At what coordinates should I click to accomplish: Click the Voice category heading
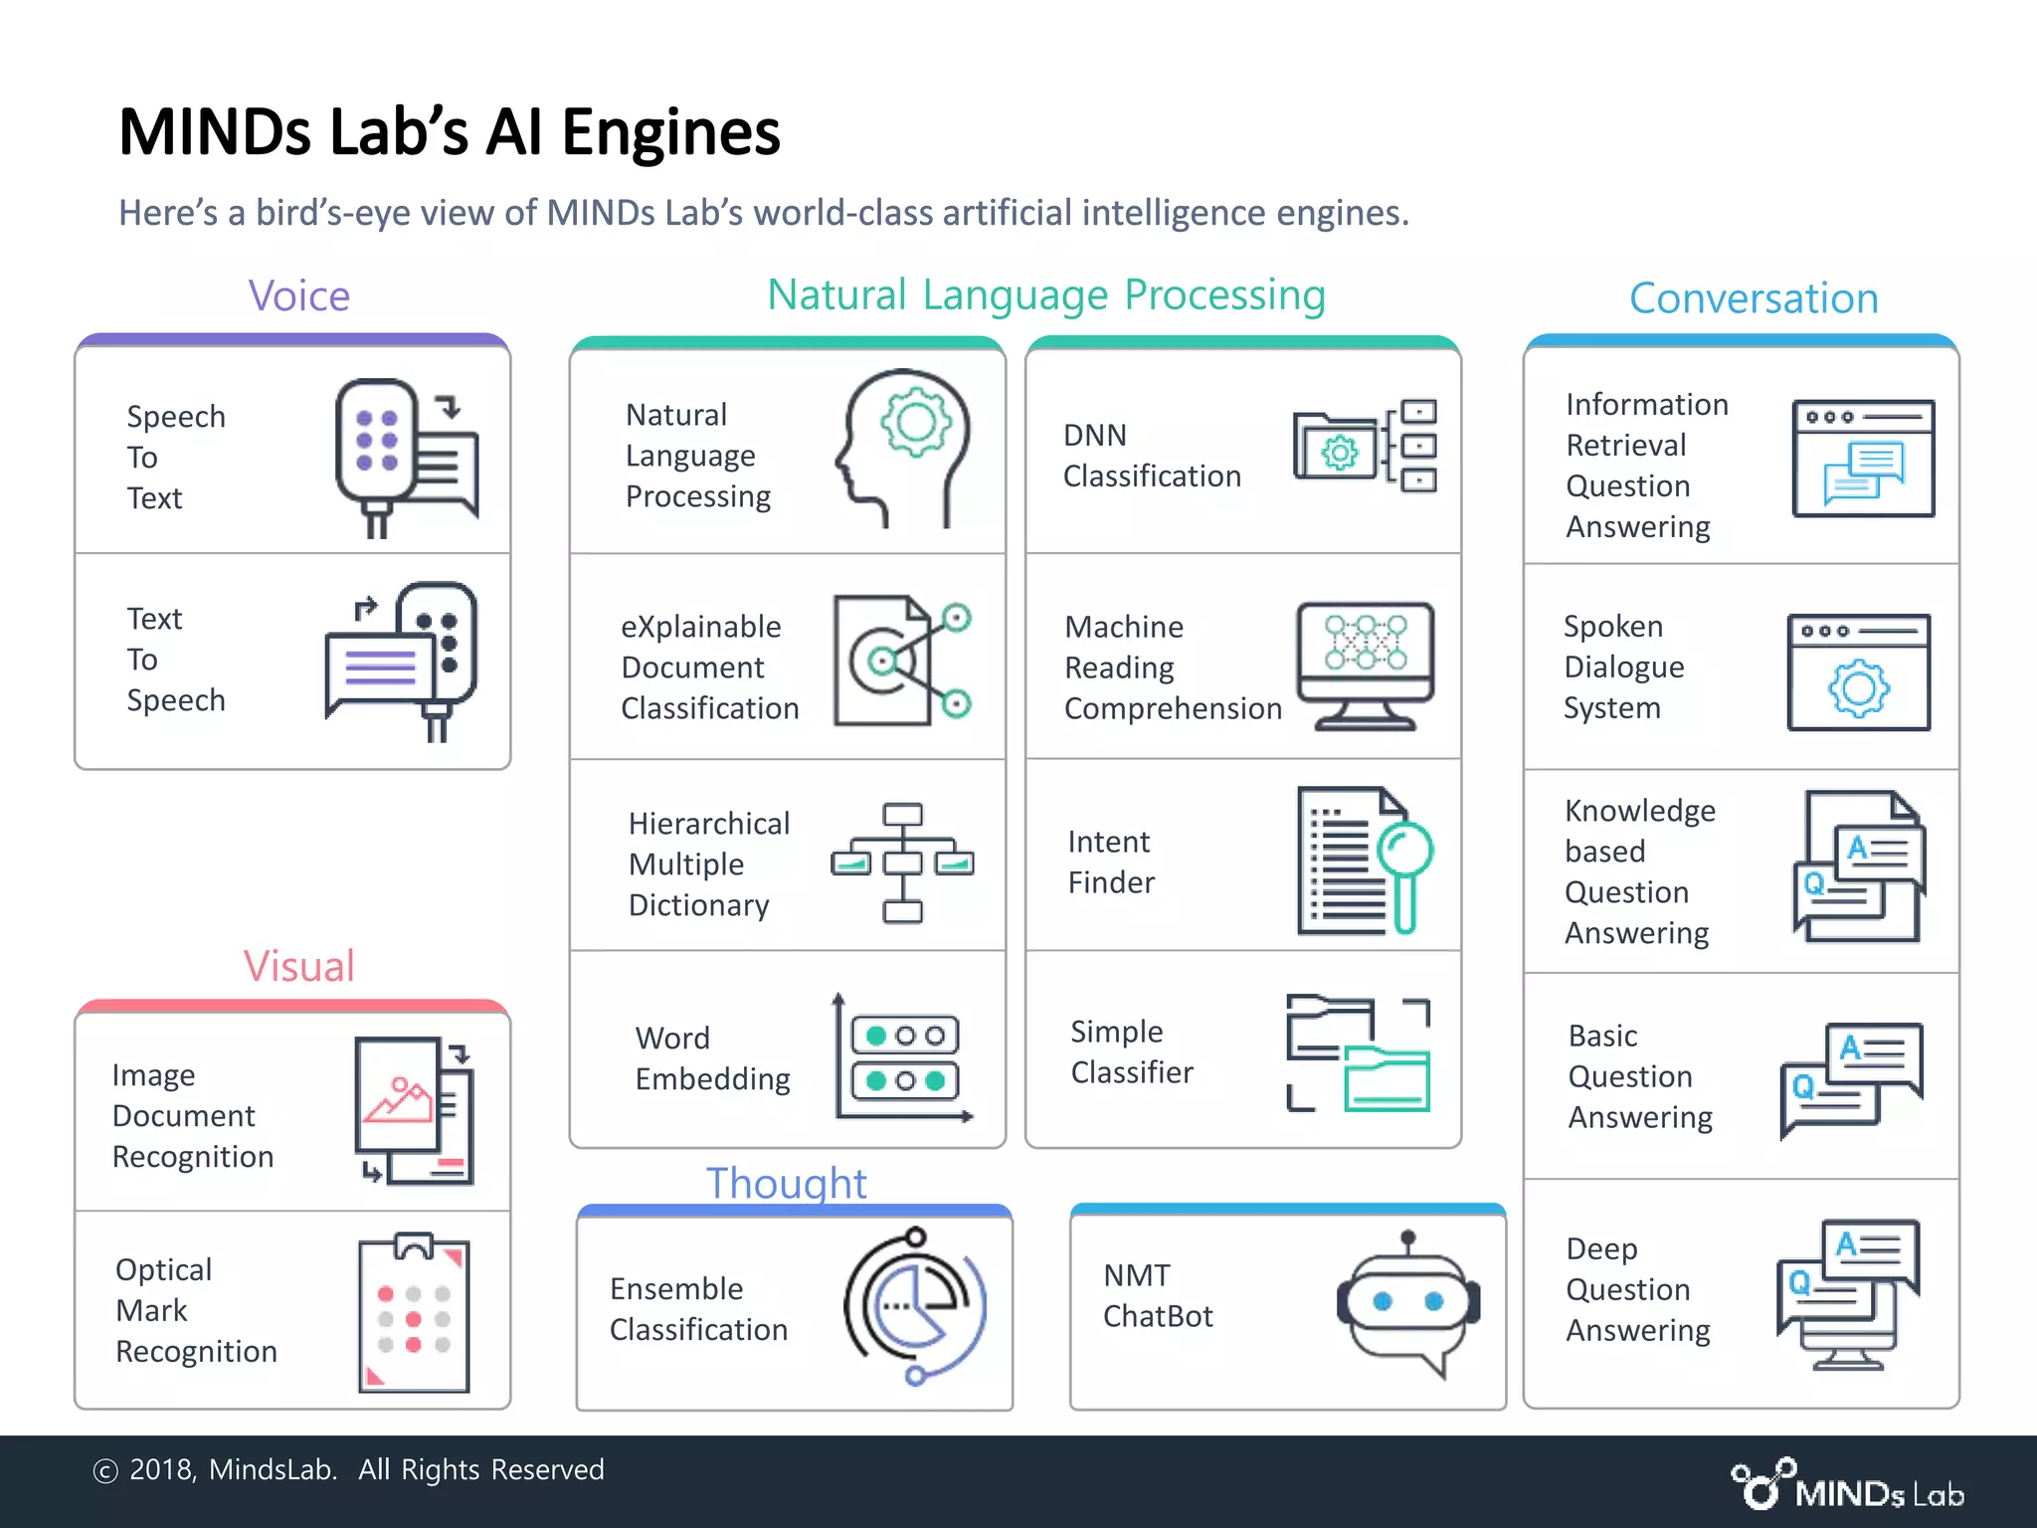[298, 296]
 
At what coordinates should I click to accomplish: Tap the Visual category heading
[298, 966]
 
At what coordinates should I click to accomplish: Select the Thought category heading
[786, 1183]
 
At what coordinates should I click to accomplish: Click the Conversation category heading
[1753, 298]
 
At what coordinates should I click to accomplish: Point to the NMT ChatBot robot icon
[1407, 1303]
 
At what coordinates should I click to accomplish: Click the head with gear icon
[902, 448]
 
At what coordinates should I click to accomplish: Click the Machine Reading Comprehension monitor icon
[1365, 665]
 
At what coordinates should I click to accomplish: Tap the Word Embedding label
[712, 1058]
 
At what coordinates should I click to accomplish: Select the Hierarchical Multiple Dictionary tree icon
[902, 861]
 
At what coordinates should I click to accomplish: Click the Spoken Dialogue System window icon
[1858, 672]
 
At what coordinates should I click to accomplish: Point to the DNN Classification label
[1151, 456]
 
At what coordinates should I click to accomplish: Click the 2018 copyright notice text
[348, 1469]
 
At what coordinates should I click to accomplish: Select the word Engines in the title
[670, 133]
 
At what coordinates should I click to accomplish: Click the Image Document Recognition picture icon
[414, 1110]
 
